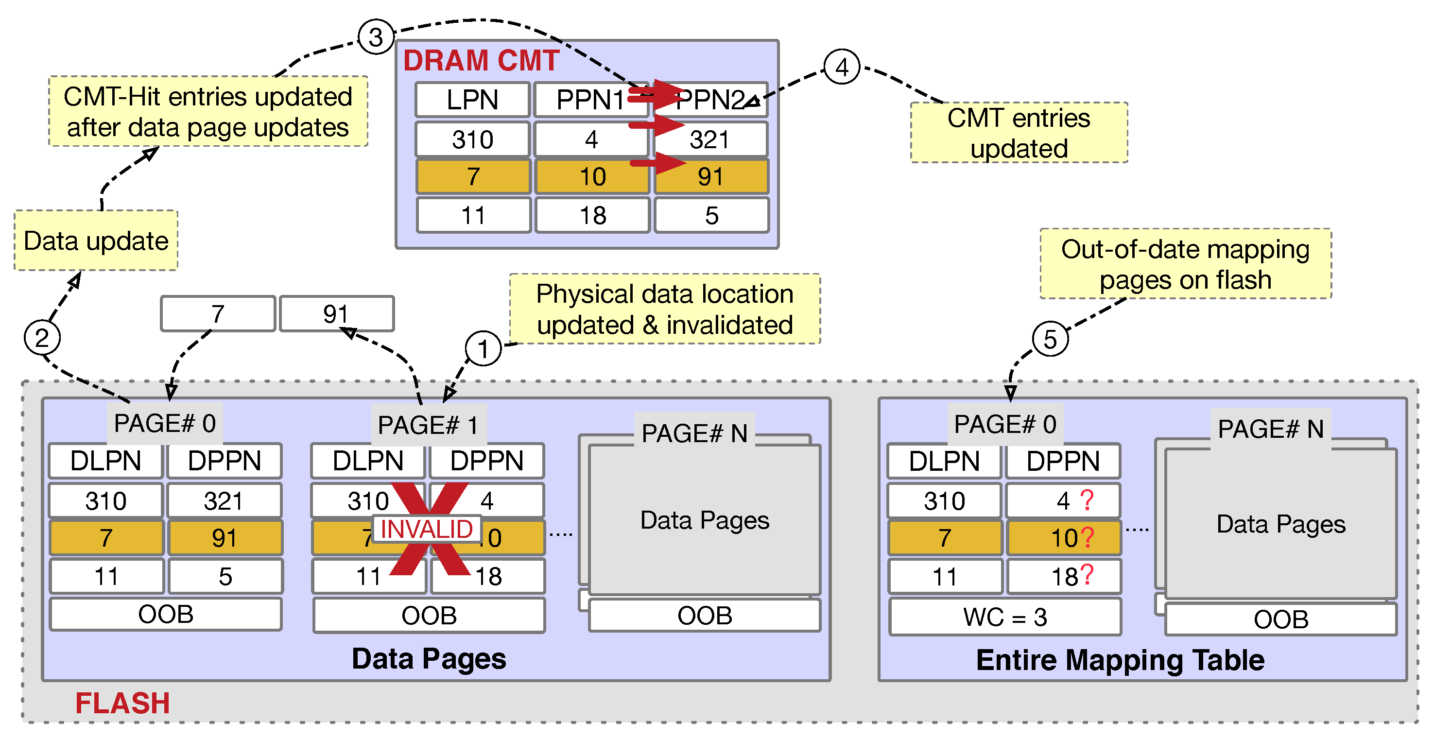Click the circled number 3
(x=376, y=37)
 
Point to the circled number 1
(x=483, y=348)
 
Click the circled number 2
(x=42, y=337)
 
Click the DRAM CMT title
(x=481, y=60)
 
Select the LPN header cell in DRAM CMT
(x=472, y=100)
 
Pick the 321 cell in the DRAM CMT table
(x=710, y=139)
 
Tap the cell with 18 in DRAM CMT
(x=592, y=215)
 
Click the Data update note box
(x=96, y=241)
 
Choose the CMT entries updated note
(x=1018, y=133)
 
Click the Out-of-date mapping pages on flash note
(x=1185, y=264)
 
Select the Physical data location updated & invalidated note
(x=664, y=309)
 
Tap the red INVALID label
(x=427, y=529)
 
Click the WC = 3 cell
(x=1005, y=617)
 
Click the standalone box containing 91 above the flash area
(x=336, y=314)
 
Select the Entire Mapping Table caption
(x=1120, y=660)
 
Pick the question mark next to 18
(x=1086, y=574)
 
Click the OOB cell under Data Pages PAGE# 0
(x=165, y=614)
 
